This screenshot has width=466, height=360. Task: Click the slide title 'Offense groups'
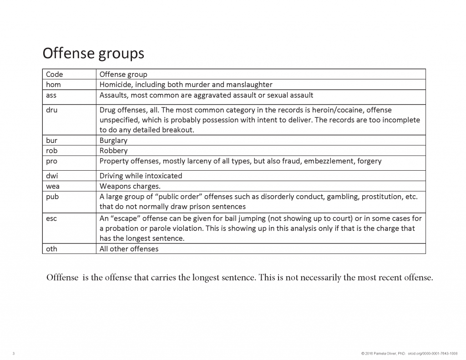pyautogui.click(x=93, y=53)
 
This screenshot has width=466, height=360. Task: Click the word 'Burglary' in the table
pyautogui.click(x=113, y=140)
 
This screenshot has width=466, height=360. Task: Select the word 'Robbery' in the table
pyautogui.click(x=113, y=150)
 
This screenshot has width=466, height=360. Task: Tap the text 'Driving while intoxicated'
pyautogui.click(x=141, y=175)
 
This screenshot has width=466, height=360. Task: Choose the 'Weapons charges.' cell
pyautogui.click(x=129, y=186)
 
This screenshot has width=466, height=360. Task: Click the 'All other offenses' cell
pyautogui.click(x=129, y=248)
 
